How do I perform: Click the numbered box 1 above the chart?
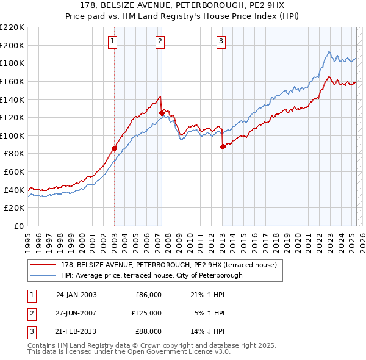click(114, 41)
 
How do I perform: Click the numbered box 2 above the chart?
click(159, 41)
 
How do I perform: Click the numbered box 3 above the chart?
click(220, 41)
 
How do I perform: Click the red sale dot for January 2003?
click(114, 148)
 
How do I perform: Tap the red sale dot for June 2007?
click(162, 113)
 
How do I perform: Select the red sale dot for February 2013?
click(223, 146)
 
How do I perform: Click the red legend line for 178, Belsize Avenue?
click(45, 265)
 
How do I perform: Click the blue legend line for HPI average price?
click(45, 275)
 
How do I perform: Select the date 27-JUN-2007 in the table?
click(76, 313)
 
